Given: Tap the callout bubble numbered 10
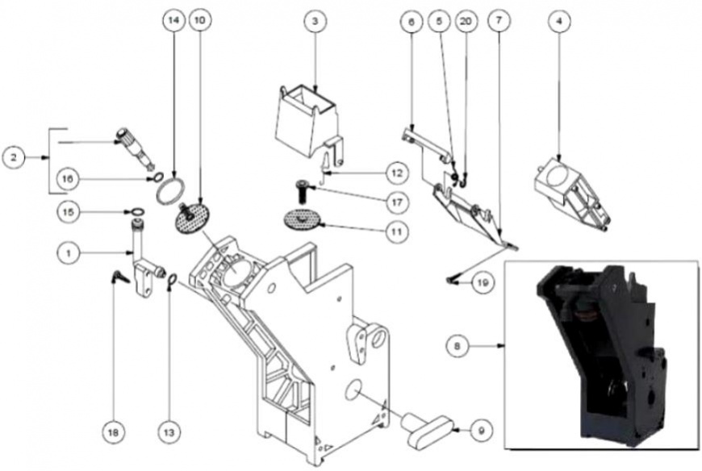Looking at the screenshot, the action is point(201,21).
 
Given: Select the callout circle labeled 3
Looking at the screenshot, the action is point(315,21).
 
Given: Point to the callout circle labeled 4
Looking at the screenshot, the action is point(558,21).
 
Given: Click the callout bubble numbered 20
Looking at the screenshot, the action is point(466,21).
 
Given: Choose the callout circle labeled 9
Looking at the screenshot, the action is point(481,431).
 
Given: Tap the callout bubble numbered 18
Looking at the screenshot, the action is point(113,432).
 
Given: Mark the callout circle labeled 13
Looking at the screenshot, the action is point(169,432).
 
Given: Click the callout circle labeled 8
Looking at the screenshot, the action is point(457,346).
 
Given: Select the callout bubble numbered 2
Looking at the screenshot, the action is point(14,157).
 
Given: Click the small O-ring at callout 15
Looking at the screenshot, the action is point(137,211).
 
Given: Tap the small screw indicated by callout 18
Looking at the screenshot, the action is point(119,277).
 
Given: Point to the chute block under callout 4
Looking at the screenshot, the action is point(573,195).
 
